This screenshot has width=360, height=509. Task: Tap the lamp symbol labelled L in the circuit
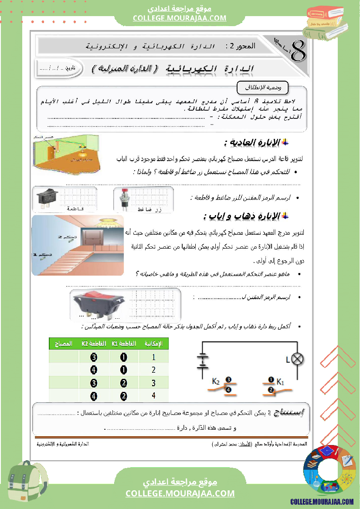(x=297, y=359)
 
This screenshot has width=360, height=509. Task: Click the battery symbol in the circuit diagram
(x=202, y=361)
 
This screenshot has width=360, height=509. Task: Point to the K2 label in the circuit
(x=216, y=382)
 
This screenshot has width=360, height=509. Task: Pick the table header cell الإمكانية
(x=153, y=344)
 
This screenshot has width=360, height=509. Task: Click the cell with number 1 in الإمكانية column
(x=153, y=357)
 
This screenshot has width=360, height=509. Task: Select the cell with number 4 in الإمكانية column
(x=153, y=395)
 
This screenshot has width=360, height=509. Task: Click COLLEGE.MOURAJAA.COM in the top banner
(x=180, y=18)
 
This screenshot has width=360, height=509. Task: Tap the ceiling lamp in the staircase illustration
(x=107, y=221)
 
